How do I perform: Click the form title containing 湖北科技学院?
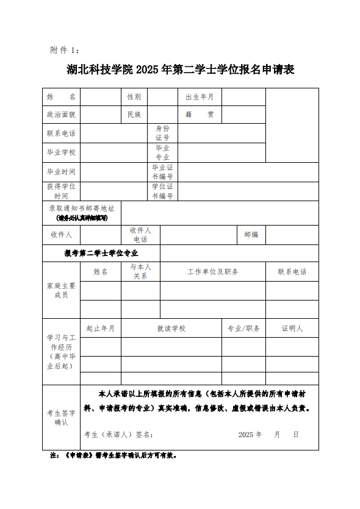point(180,69)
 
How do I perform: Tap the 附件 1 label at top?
point(64,50)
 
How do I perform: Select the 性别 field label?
point(134,97)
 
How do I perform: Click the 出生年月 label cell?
point(200,97)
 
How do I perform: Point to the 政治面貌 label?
point(61,115)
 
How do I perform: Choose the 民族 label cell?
point(134,115)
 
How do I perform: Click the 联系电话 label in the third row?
point(61,133)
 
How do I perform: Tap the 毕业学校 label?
point(61,152)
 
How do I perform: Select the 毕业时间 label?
point(61,172)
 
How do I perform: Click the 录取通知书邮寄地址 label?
point(82,208)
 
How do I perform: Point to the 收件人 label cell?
point(61,235)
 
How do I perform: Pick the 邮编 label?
point(251,235)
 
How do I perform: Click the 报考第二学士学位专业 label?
point(101,253)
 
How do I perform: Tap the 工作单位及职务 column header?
point(213,272)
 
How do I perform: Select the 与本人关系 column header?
point(140,272)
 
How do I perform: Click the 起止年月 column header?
point(101,329)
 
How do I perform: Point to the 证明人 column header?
point(292,329)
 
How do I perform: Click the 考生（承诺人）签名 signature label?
point(118,435)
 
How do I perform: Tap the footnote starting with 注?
point(113,455)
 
